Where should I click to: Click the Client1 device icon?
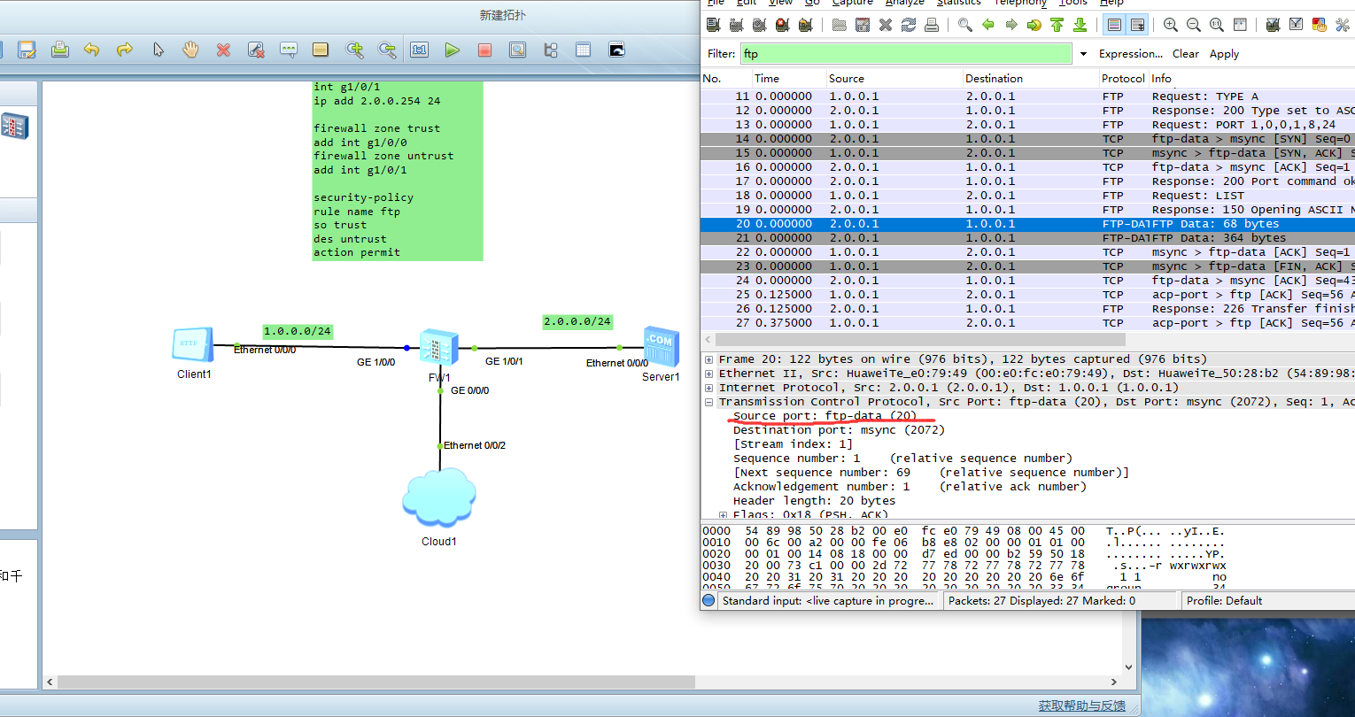click(193, 344)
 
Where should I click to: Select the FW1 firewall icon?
click(439, 347)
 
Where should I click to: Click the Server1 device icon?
click(661, 346)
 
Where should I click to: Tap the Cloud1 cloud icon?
click(439, 499)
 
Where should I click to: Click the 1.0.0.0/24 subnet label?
click(298, 331)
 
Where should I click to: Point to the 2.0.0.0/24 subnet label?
click(577, 321)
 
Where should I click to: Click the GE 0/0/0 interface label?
click(469, 390)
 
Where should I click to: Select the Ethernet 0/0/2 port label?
click(475, 445)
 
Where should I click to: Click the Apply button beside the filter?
click(1224, 54)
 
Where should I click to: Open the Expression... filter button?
click(1130, 54)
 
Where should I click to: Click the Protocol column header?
click(1123, 79)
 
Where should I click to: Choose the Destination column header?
click(994, 79)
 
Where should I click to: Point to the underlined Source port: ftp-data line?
click(825, 416)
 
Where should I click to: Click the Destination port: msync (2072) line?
click(839, 430)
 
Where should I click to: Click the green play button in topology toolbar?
click(453, 50)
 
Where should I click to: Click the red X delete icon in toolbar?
click(223, 50)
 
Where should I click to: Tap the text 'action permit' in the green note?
click(357, 252)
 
